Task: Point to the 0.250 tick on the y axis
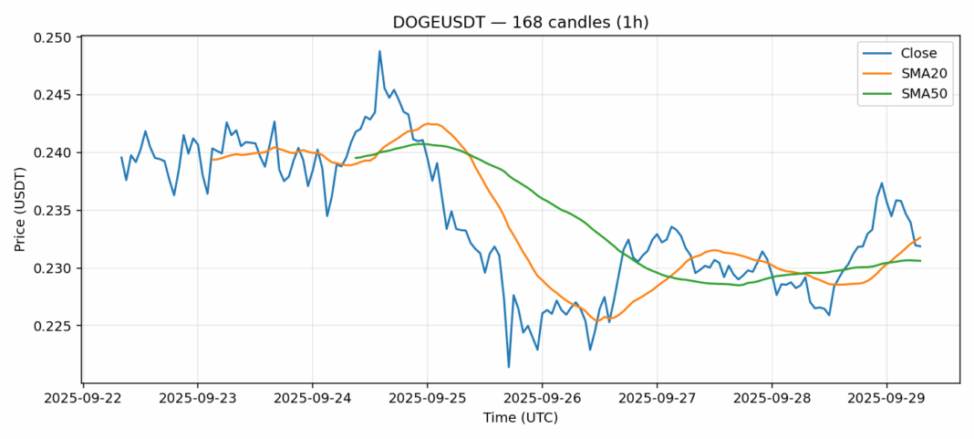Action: tap(56, 37)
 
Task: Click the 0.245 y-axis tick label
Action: tap(56, 95)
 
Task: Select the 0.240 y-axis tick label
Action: tap(56, 152)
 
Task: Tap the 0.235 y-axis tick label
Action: tap(56, 211)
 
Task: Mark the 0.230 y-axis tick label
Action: tap(56, 268)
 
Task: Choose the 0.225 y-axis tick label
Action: tap(56, 326)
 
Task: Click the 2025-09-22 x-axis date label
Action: tap(83, 398)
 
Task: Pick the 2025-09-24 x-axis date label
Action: tap(312, 398)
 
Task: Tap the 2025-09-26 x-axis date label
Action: tap(542, 398)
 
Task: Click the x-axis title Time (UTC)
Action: tap(521, 418)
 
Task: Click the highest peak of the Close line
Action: tap(379, 51)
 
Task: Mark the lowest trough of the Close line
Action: tap(509, 367)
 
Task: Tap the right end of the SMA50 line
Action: tap(920, 261)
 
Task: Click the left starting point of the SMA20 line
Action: tap(212, 160)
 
